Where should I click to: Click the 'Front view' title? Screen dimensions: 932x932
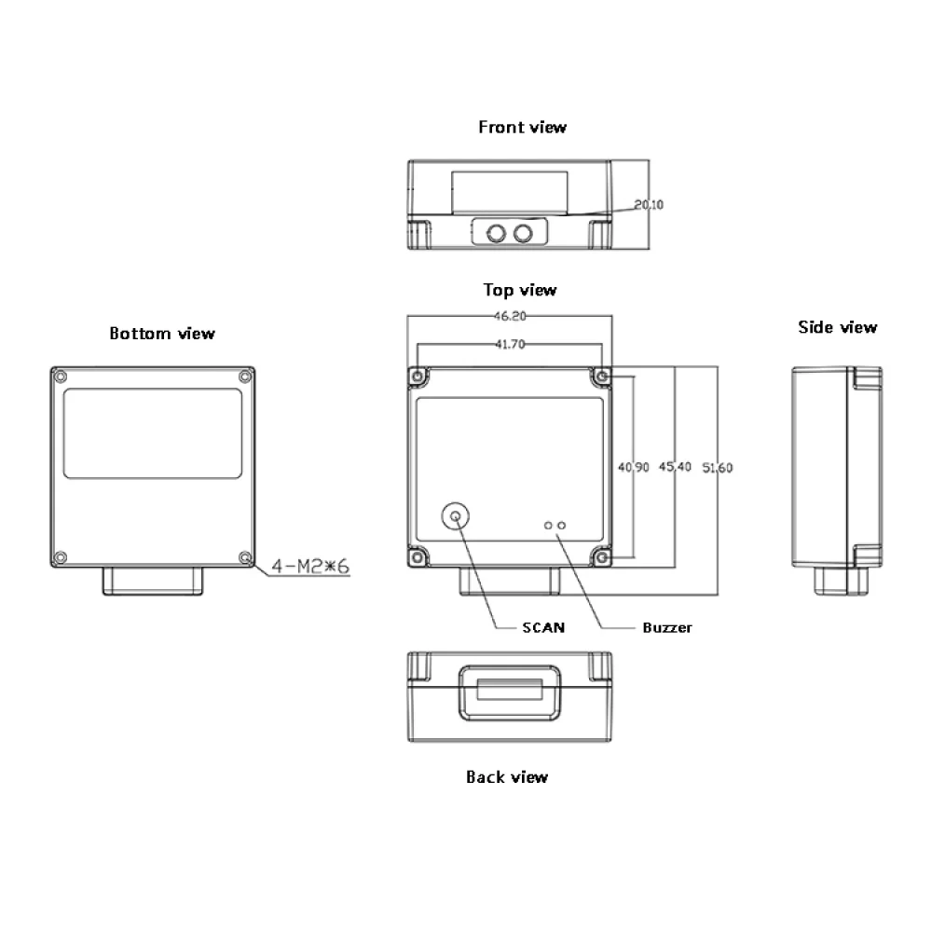pos(522,127)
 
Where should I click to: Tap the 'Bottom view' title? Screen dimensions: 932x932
pos(162,333)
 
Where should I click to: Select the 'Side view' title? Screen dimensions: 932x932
pos(837,327)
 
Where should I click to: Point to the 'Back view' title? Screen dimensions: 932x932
pos(507,776)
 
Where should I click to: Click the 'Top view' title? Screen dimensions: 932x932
pos(520,290)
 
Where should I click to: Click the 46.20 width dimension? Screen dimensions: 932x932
pos(510,316)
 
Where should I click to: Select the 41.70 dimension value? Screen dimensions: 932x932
pos(510,344)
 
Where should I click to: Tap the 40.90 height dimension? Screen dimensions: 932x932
pos(634,467)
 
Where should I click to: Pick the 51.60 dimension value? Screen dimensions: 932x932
pos(717,467)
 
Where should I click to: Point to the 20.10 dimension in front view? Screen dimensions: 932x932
pos(649,204)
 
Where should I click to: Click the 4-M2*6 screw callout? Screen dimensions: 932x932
pos(309,566)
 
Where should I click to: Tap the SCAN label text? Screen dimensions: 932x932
pos(543,627)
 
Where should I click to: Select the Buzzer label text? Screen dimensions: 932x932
pos(667,627)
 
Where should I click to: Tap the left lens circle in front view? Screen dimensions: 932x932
pos(496,232)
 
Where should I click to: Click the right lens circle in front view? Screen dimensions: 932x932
pos(525,232)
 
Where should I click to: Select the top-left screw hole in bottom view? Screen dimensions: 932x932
pos(61,377)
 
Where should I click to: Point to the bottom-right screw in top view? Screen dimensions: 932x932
pos(602,557)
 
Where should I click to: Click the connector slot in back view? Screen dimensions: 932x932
pos(509,691)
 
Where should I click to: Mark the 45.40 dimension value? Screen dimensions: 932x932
pos(675,467)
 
